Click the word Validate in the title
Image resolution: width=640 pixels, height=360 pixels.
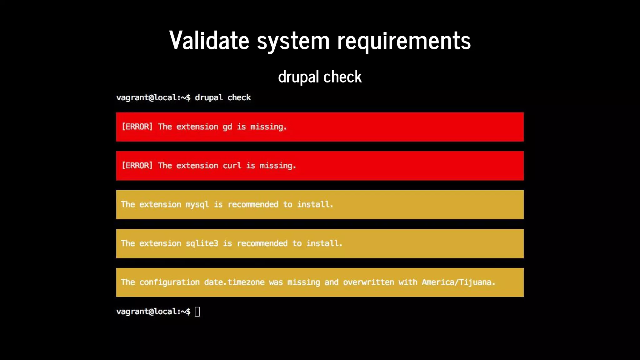click(209, 41)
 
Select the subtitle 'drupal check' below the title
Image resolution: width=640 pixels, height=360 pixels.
click(320, 77)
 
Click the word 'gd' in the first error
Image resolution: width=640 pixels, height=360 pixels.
click(227, 127)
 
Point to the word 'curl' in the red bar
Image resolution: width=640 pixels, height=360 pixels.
click(232, 166)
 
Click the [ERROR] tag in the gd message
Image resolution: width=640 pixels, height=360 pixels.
click(137, 127)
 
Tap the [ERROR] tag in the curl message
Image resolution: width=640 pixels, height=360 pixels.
click(137, 166)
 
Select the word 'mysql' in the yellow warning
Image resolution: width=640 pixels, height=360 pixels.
click(197, 205)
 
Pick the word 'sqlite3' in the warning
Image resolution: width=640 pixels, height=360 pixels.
click(202, 243)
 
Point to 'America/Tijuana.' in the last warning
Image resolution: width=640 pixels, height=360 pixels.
click(458, 282)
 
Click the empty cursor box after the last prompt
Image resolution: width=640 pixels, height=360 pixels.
click(197, 312)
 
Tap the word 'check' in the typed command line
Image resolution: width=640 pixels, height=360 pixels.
click(239, 97)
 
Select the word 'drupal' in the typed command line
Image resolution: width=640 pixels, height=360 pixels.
click(209, 97)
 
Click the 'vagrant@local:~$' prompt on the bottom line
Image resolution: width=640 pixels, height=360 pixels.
click(153, 312)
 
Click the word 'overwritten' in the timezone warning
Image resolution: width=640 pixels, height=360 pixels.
click(368, 282)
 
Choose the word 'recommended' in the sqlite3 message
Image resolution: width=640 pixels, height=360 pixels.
click(262, 243)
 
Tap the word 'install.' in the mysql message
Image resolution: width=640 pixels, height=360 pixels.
click(315, 205)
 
